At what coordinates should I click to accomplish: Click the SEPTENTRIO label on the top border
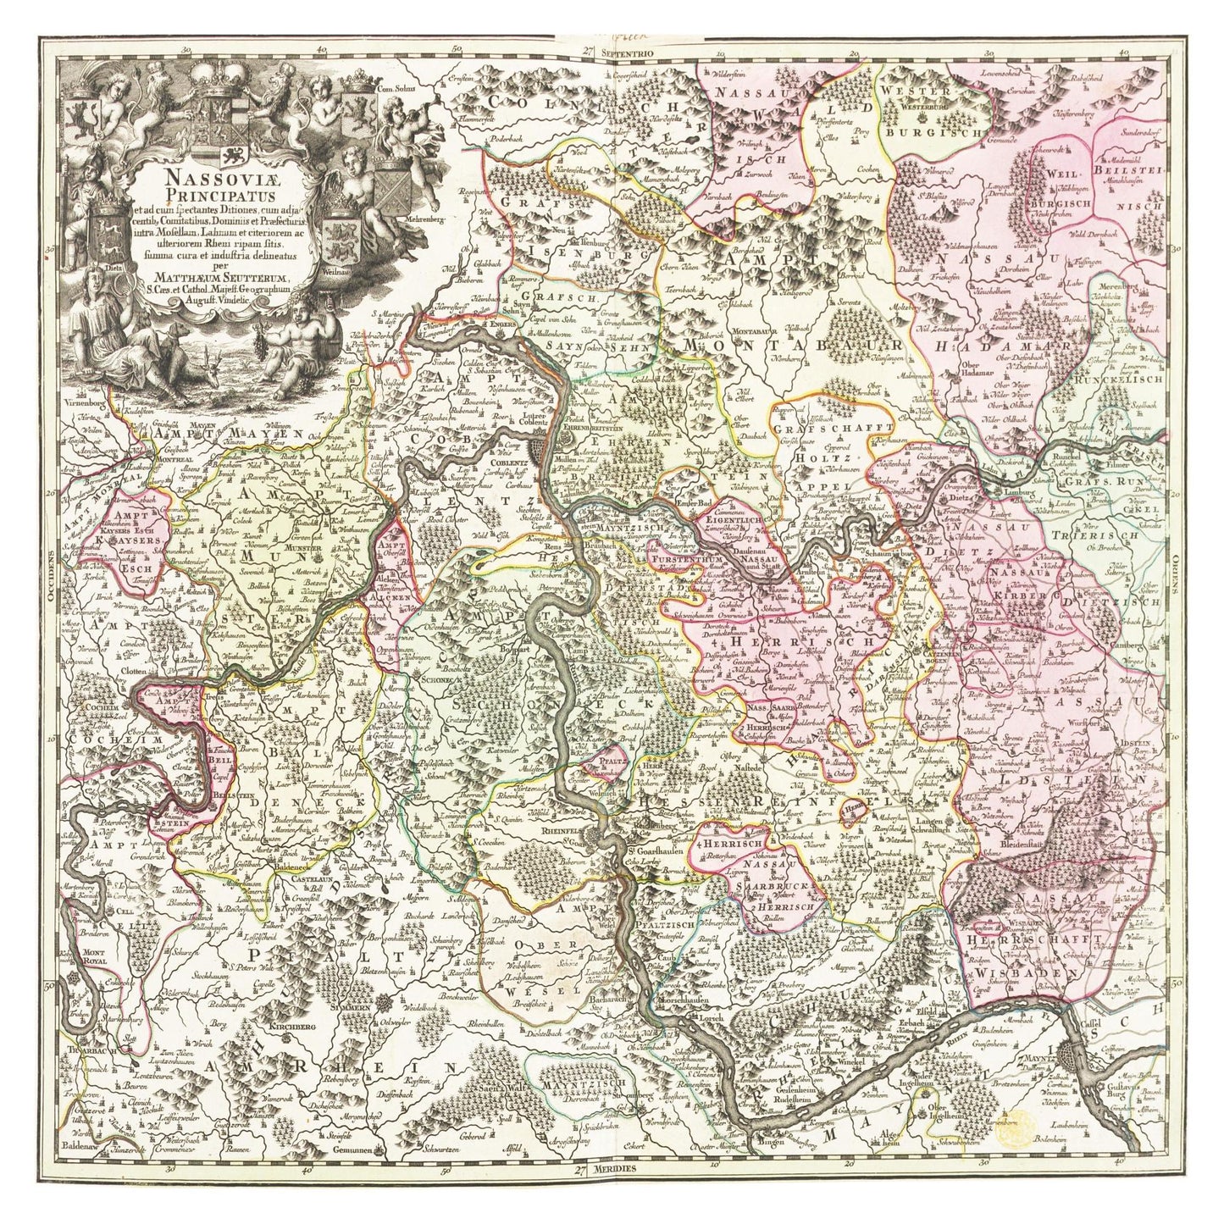pos(624,52)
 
